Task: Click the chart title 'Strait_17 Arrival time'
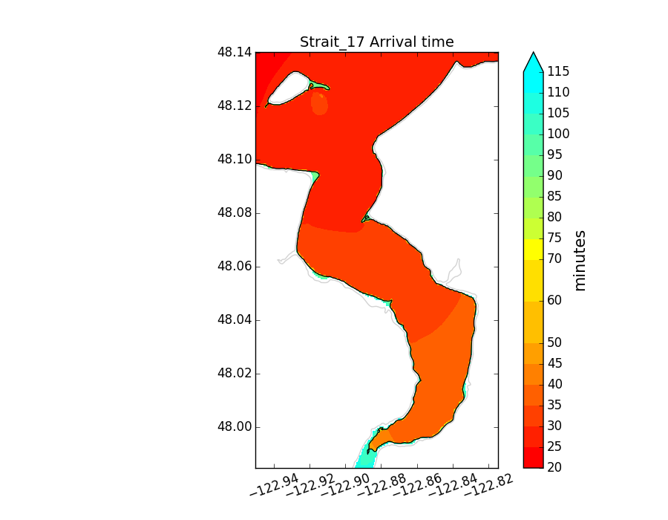click(376, 42)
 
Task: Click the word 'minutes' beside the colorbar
click(580, 260)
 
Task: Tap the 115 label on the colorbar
click(558, 72)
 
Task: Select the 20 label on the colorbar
click(554, 467)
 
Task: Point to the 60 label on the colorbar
click(554, 301)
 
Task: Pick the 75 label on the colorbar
click(554, 238)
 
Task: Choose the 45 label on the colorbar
click(554, 363)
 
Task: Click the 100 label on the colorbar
click(558, 134)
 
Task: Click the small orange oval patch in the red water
click(319, 103)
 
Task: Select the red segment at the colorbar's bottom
click(533, 457)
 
